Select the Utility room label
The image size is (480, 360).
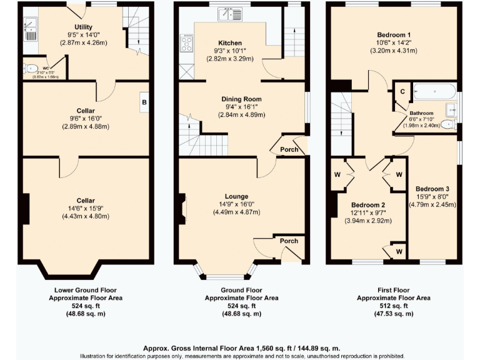coord(84,26)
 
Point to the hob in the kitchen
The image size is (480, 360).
coord(186,44)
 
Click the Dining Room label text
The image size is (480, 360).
coord(241,99)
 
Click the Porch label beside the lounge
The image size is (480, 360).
coord(288,241)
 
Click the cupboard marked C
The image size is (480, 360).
coord(402,91)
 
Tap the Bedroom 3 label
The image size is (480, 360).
coord(432,188)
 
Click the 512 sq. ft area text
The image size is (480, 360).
coord(394,306)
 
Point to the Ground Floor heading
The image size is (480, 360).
coord(241,291)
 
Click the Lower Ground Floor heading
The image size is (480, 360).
coord(86,291)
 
